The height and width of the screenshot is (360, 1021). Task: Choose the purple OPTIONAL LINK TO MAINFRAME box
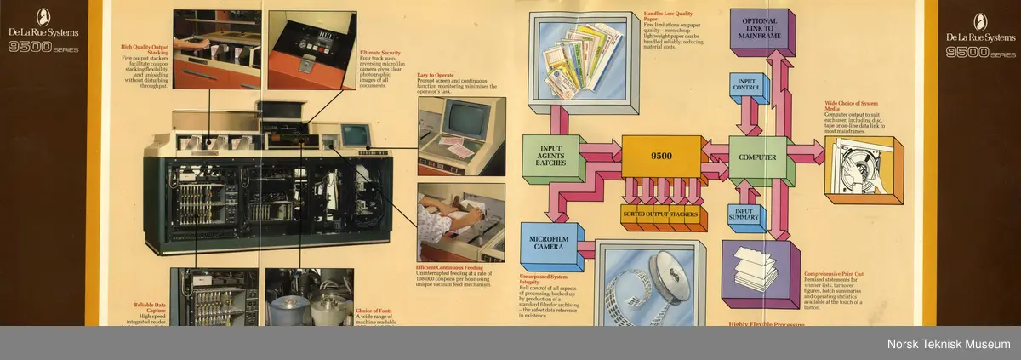point(759,31)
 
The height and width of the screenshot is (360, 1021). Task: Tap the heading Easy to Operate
point(434,75)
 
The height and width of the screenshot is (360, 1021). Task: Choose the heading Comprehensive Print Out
point(836,273)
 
